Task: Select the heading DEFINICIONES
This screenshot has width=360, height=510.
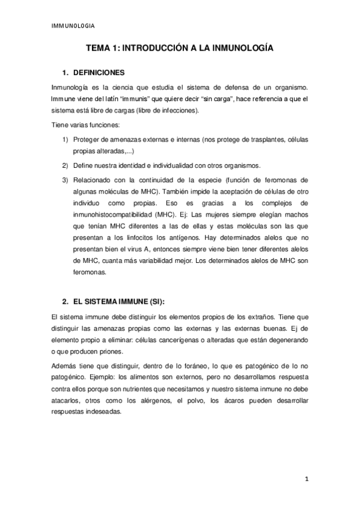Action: pyautogui.click(x=97, y=73)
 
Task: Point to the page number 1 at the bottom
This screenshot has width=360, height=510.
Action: pyautogui.click(x=307, y=479)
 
